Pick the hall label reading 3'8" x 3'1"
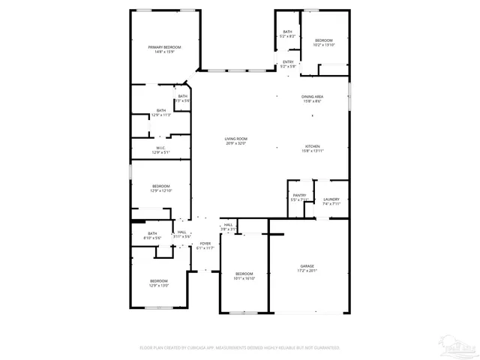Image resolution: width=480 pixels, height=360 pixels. (x=228, y=226)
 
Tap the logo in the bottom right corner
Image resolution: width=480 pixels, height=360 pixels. (x=458, y=346)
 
